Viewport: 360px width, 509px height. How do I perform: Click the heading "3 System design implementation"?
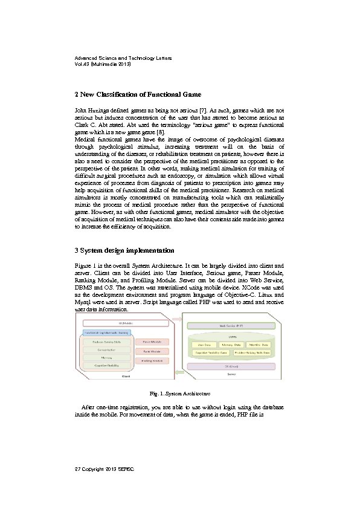click(x=124, y=250)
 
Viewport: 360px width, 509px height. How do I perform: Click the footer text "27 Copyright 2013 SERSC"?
click(x=104, y=469)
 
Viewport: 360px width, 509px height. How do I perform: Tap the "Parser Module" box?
click(x=152, y=342)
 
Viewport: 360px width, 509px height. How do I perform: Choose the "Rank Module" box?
click(x=152, y=351)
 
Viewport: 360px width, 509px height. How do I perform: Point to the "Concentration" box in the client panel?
click(x=106, y=350)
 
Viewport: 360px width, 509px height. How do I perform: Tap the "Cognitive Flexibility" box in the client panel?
click(x=106, y=365)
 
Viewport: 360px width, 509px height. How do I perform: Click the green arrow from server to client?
click(x=176, y=361)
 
